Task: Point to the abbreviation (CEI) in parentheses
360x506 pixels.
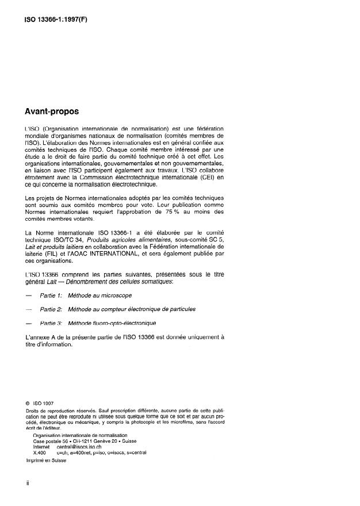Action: [209, 178]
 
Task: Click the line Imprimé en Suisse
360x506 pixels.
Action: [47, 460]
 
